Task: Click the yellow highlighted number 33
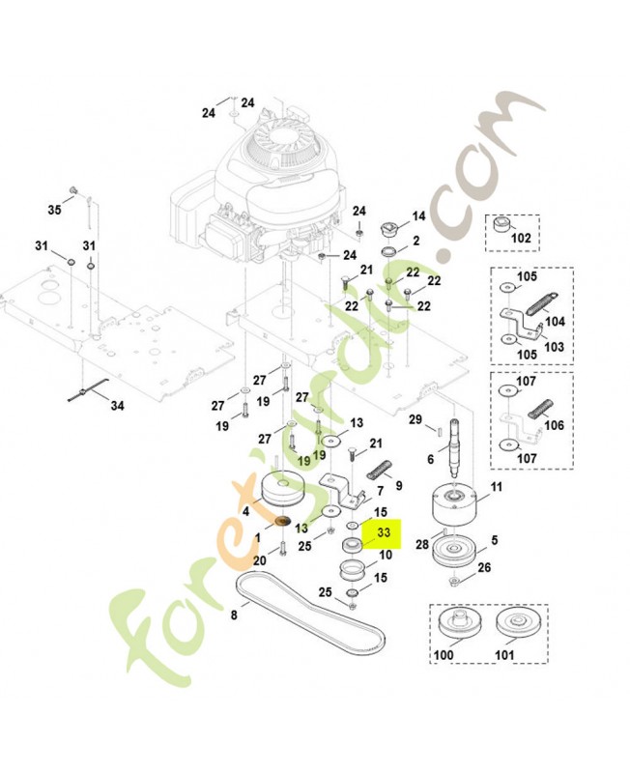(384, 532)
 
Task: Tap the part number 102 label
(521, 237)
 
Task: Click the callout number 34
(117, 407)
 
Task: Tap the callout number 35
(54, 209)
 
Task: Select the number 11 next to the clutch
(497, 486)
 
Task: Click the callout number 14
(418, 215)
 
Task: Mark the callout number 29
(415, 418)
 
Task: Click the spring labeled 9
(381, 471)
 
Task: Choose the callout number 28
(421, 546)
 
